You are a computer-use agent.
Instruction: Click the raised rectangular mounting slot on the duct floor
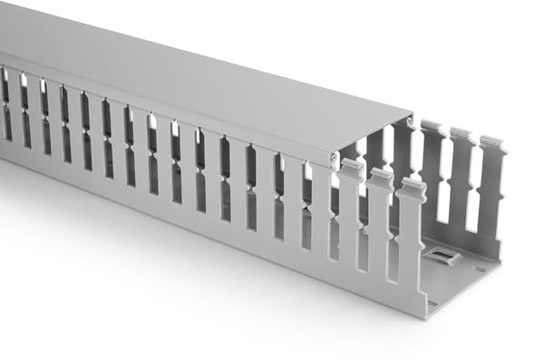(442, 258)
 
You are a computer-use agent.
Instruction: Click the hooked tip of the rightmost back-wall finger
(492, 144)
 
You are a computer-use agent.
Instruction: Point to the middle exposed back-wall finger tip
(461, 136)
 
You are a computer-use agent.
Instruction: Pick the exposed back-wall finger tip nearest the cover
(431, 128)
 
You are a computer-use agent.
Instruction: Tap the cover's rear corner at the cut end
(412, 115)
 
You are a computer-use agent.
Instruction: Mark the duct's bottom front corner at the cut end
(423, 317)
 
